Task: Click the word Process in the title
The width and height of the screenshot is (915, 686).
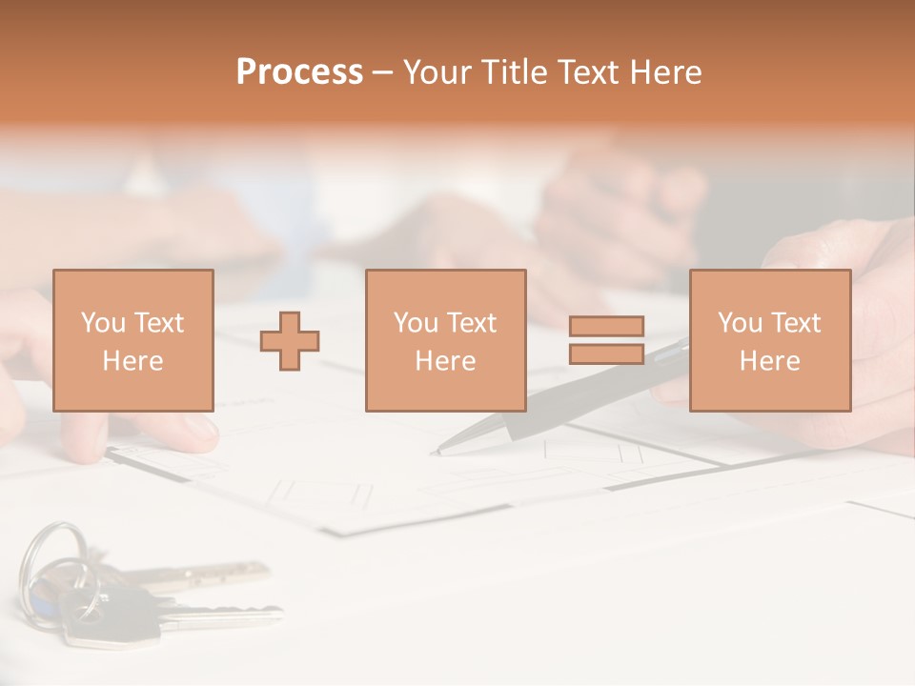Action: tap(299, 72)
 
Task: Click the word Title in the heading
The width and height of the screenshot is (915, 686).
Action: tap(517, 72)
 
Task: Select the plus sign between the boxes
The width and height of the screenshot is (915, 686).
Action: tap(290, 341)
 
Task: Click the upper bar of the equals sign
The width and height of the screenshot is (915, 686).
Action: tap(606, 326)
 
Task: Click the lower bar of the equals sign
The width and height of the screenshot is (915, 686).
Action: tap(606, 353)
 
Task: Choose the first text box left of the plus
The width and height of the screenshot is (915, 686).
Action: tap(132, 340)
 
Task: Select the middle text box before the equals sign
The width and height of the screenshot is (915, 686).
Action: tap(445, 340)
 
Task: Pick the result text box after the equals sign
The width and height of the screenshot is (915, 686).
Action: tap(769, 340)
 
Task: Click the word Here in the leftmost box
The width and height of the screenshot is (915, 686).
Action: tap(132, 361)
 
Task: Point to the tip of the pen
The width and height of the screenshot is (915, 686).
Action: tap(436, 451)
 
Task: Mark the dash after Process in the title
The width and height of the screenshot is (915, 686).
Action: tap(383, 72)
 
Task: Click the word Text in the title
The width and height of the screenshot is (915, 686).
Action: tap(584, 72)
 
